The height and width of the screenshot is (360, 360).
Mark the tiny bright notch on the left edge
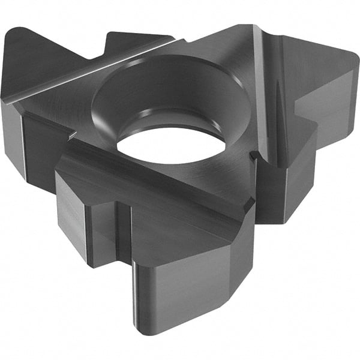[70, 139]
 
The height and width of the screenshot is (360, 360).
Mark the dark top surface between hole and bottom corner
[180, 192]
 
